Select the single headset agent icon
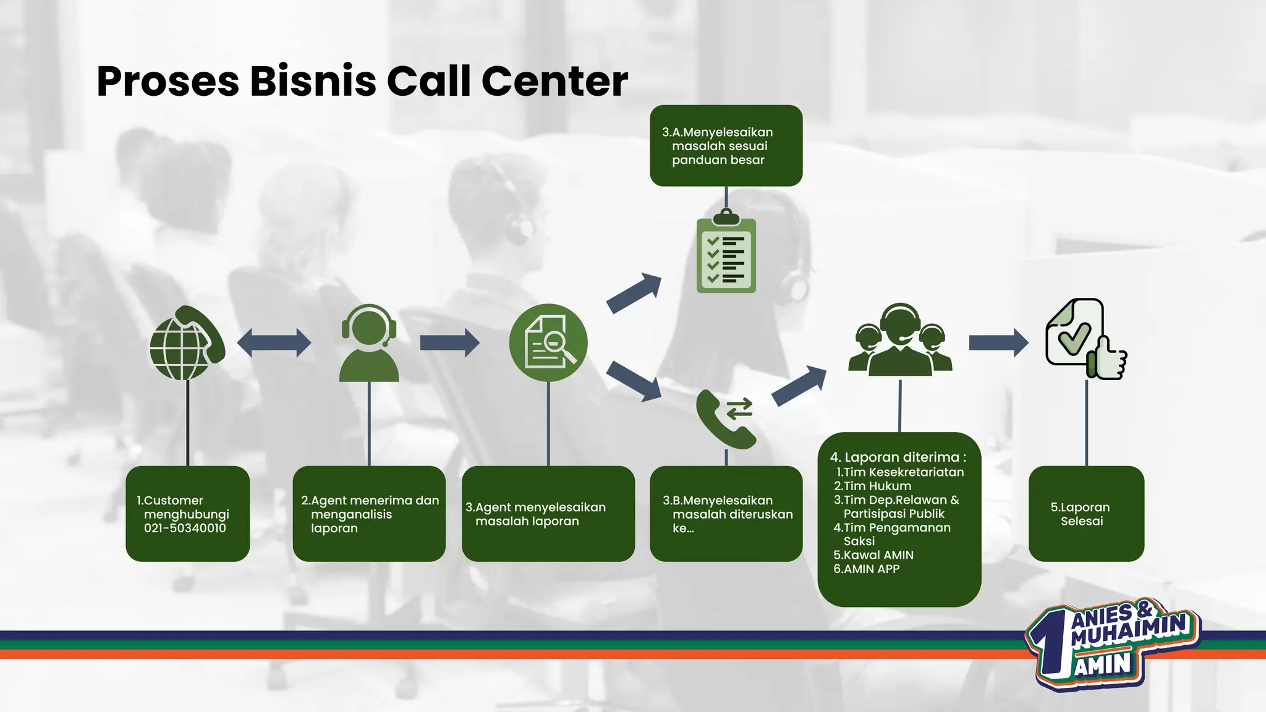tap(369, 343)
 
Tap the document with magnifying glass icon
tap(548, 342)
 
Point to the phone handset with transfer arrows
tap(726, 418)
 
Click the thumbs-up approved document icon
tap(1085, 340)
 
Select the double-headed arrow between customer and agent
tap(274, 342)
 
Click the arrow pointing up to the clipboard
tap(634, 293)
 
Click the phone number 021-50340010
tap(185, 528)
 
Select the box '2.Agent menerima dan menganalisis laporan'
tap(369, 514)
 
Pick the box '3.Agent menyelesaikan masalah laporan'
tap(548, 514)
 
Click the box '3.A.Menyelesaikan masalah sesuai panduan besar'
tap(726, 146)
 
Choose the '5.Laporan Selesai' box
tap(1086, 514)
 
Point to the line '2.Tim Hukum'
tap(872, 486)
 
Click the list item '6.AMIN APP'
tap(867, 569)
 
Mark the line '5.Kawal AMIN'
tap(873, 555)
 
